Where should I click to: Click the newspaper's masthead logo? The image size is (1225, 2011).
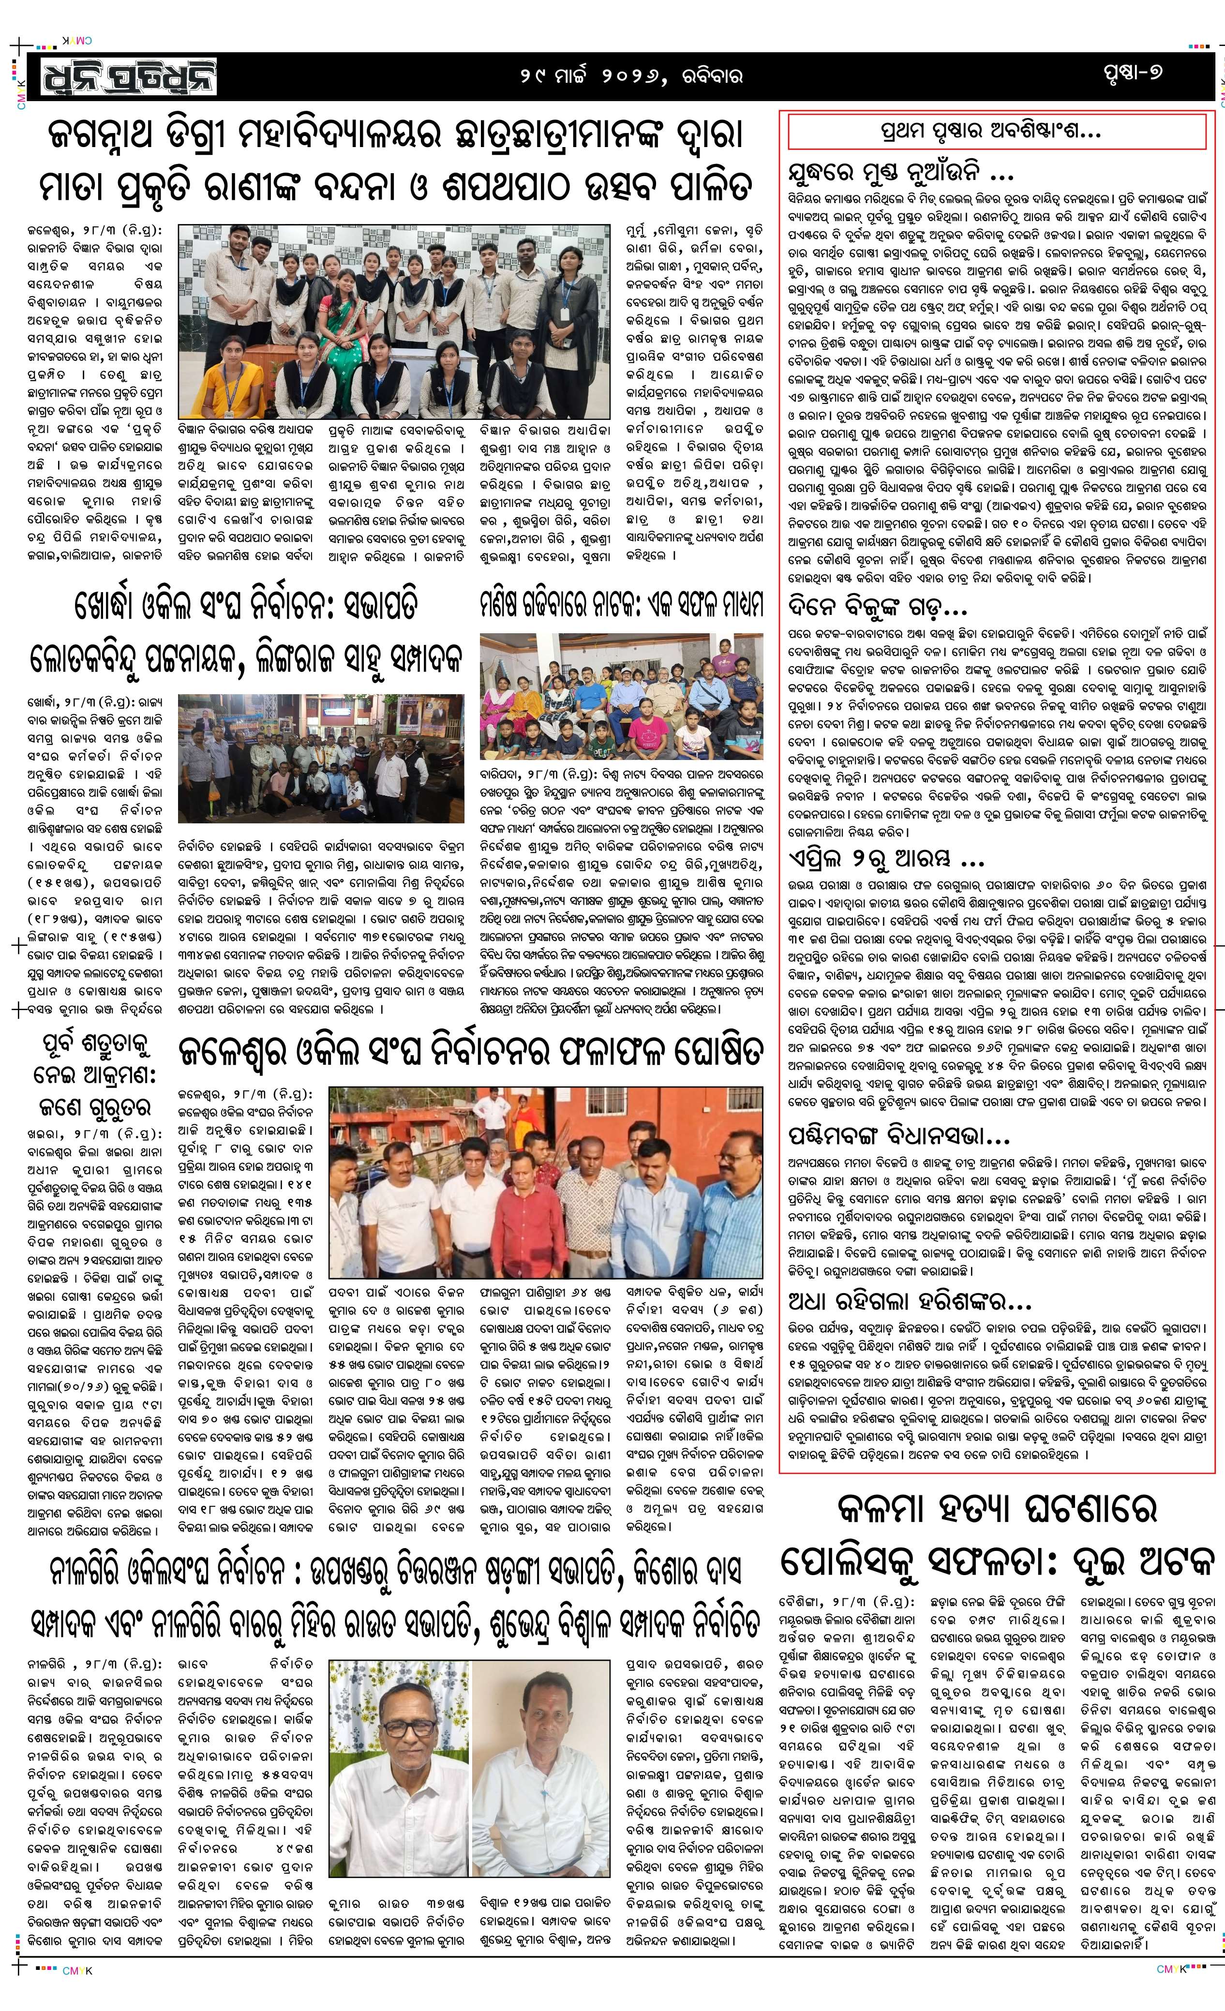pos(122,75)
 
